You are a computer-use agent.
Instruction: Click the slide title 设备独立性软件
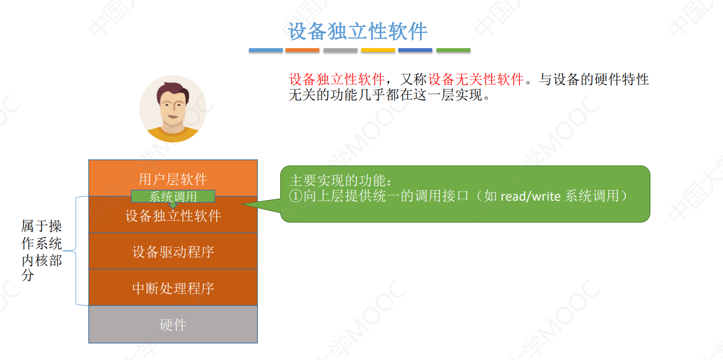click(358, 32)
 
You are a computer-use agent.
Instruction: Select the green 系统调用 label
click(173, 196)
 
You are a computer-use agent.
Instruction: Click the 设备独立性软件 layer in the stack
click(173, 217)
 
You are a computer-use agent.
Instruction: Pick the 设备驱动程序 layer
click(173, 251)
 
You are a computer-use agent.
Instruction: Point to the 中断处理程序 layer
click(173, 288)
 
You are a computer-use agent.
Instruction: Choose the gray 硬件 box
click(173, 325)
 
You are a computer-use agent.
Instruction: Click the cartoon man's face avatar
click(172, 109)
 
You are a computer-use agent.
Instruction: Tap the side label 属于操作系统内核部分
click(42, 251)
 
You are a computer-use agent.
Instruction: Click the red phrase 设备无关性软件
click(476, 80)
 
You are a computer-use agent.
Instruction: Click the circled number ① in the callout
click(296, 196)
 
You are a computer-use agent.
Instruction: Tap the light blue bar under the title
click(266, 50)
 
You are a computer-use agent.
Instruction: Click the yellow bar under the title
click(378, 50)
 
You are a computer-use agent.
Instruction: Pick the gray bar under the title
click(341, 50)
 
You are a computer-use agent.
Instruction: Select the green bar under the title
click(453, 50)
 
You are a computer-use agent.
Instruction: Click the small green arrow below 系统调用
click(173, 205)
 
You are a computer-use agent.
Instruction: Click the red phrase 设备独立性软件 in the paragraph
click(336, 80)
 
